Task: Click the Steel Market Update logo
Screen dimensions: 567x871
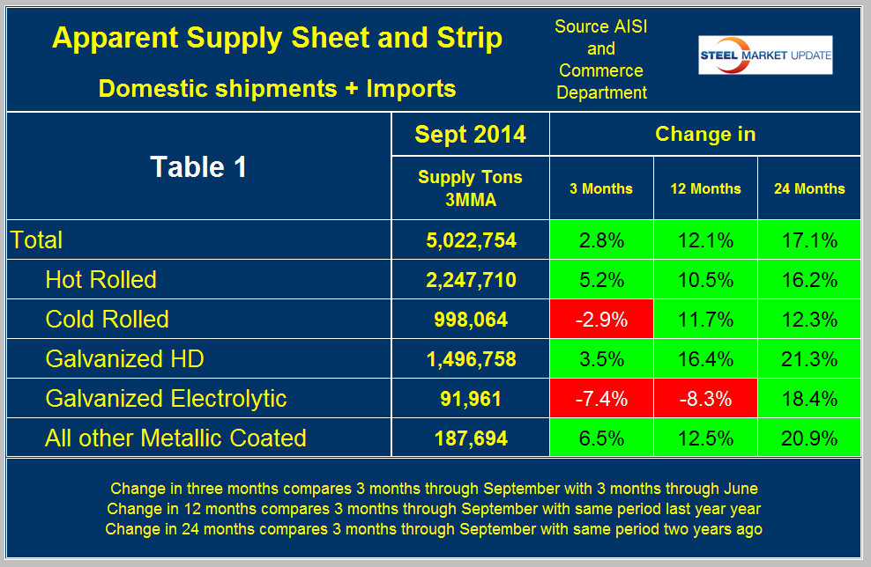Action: pos(765,55)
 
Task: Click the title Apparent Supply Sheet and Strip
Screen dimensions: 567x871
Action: pos(278,39)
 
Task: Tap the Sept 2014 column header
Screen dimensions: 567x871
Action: pos(470,135)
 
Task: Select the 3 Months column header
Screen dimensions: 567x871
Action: pos(600,188)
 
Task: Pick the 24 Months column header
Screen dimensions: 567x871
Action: pos(808,188)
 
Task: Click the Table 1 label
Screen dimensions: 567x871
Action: pos(198,166)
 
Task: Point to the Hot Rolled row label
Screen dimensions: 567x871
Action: pos(101,279)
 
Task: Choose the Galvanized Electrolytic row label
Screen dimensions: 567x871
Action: pos(166,398)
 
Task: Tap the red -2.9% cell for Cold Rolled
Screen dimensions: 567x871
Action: pos(600,319)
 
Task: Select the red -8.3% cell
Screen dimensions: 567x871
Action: pos(705,398)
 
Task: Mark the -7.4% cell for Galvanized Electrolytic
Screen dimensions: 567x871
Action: pos(600,398)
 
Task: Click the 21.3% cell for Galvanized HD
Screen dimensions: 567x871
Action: pos(808,358)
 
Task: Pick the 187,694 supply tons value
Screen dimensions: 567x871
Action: pos(470,438)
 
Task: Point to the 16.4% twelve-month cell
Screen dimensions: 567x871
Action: pos(705,358)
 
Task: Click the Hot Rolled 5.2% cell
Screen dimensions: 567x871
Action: pos(600,279)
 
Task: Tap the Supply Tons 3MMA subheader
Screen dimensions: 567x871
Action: pos(470,188)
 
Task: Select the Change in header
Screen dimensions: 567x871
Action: pos(705,135)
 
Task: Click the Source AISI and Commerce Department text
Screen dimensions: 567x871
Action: pos(600,59)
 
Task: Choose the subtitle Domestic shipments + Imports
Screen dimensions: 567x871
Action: pos(278,88)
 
